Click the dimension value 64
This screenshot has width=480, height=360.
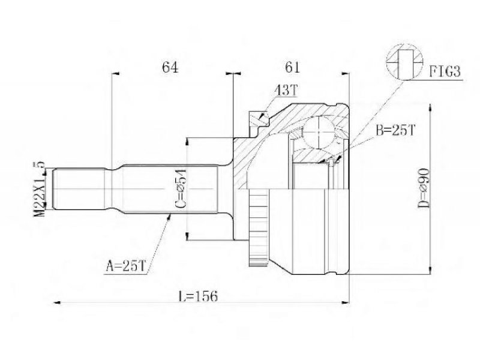[170, 67]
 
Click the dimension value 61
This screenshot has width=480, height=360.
[292, 67]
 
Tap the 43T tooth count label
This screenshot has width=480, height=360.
[286, 90]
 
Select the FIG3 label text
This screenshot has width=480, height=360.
[445, 72]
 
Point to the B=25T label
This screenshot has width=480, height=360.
[395, 130]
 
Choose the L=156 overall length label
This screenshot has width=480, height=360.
[198, 296]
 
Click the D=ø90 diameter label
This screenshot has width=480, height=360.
[424, 188]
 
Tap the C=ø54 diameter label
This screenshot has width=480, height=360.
[181, 189]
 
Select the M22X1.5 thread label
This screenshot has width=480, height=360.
[39, 189]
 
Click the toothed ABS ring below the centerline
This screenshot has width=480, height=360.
[259, 227]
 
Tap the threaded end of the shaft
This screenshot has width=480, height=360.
[80, 189]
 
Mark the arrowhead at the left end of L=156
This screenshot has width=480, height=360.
[56, 303]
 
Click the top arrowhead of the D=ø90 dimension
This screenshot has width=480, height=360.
[430, 107]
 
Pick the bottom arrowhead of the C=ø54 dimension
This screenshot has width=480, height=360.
[187, 236]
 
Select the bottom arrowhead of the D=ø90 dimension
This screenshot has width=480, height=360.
[430, 271]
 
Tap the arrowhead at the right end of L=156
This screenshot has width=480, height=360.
[346, 303]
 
